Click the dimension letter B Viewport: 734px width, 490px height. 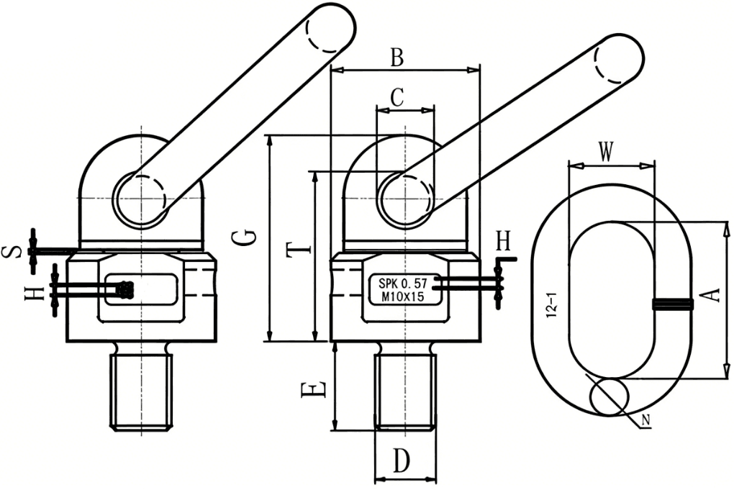[x=397, y=58]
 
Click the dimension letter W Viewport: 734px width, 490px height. [x=607, y=152]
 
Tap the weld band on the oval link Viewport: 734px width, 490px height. [x=673, y=304]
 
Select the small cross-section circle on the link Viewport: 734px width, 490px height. [x=609, y=396]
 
